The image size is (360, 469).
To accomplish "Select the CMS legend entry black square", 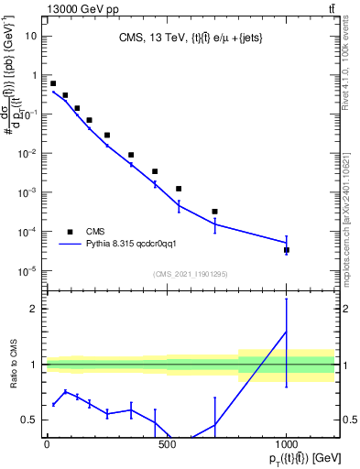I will (x=70, y=232).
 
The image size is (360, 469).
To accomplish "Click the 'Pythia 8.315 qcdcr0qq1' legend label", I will (x=137, y=245).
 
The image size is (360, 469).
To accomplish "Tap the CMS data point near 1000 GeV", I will (x=287, y=250).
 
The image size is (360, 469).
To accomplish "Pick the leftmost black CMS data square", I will (x=53, y=83).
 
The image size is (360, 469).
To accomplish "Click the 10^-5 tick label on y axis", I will (x=27, y=270).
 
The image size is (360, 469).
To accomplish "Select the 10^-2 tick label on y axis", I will (x=27, y=153).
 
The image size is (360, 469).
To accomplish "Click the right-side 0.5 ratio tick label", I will (x=349, y=420).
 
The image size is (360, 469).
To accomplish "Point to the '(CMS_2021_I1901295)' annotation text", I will (x=190, y=274).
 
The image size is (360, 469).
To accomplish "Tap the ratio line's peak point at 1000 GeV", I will (x=287, y=332).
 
